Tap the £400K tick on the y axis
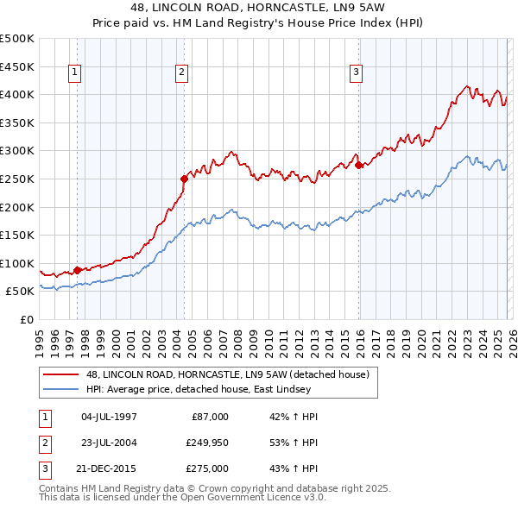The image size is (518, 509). (18, 94)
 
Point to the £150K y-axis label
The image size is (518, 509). (18, 235)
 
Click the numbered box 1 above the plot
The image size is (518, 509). (77, 73)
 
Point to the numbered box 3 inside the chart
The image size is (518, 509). (357, 73)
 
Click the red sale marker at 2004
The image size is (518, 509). (184, 179)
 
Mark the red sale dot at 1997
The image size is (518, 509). (77, 270)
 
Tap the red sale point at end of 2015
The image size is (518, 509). (358, 165)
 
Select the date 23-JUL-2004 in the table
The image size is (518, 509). (109, 443)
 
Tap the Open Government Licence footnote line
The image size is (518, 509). (182, 498)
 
